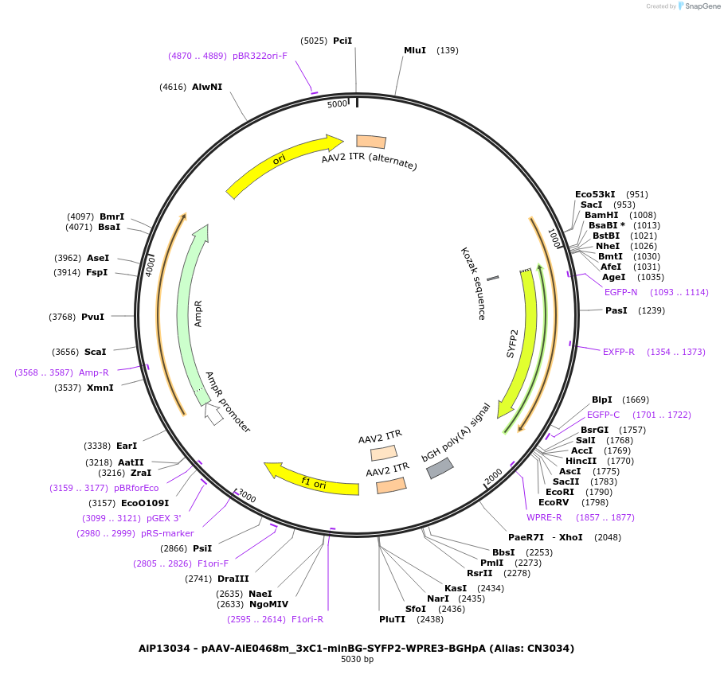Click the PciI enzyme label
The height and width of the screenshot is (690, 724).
tap(342, 41)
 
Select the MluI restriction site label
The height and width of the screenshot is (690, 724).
tap(415, 50)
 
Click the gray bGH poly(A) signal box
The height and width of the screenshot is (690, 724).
tap(440, 468)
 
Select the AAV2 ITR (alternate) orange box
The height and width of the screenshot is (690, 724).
tap(370, 142)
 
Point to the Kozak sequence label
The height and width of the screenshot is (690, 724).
tap(472, 283)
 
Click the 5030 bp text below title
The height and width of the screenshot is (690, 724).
tap(357, 660)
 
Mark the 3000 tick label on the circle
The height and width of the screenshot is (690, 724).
tap(247, 497)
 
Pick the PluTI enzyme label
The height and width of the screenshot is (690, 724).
tap(392, 618)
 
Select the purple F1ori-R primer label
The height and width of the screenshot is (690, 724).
tap(307, 619)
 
